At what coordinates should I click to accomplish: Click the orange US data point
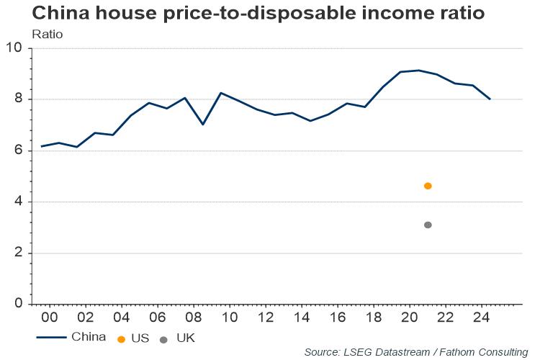pos(428,186)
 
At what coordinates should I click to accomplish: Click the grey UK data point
pos(428,225)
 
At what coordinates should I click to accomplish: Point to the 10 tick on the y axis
pos(14,48)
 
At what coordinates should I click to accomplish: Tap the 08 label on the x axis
pos(194,318)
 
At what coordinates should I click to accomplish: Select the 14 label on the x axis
pos(302,318)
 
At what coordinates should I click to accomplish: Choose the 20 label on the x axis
pos(410,318)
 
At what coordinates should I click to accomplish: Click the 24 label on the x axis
pos(482,318)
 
